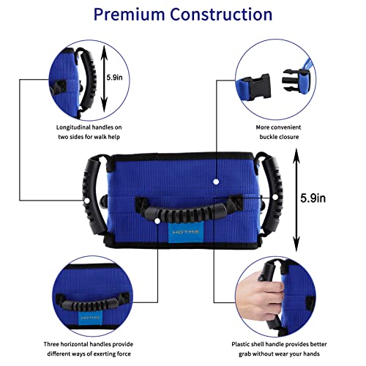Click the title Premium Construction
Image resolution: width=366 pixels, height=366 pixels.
pos(183,14)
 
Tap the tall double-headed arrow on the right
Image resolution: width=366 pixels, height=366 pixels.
pos(296,198)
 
